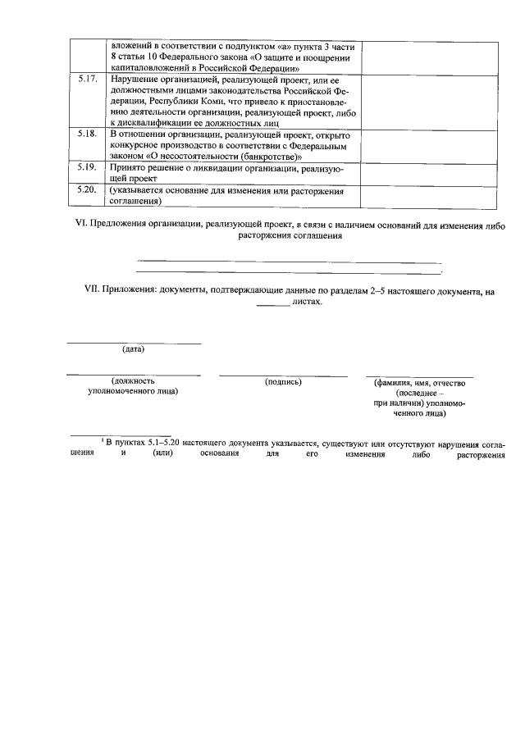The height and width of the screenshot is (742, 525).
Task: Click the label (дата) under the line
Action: [133, 349]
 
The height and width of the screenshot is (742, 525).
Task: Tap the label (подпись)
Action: [283, 381]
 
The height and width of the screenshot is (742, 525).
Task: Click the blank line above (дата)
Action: [133, 342]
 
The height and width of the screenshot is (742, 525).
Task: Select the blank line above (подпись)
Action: [283, 375]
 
